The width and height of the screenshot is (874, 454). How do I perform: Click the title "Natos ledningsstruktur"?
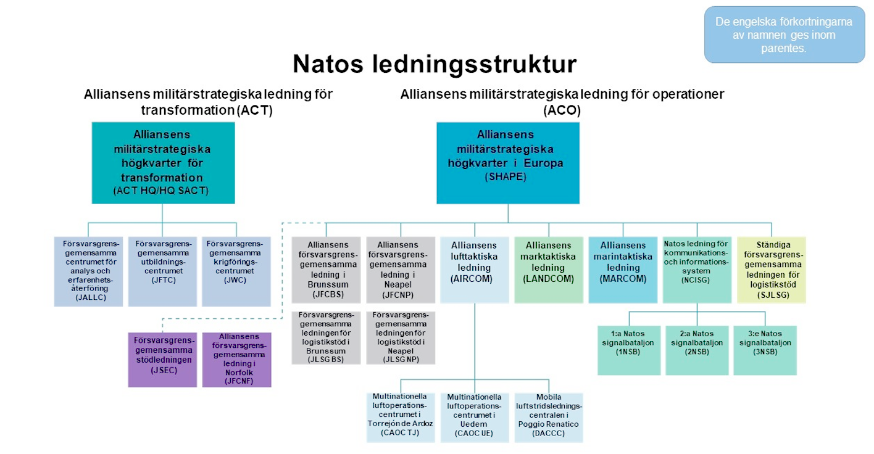[435, 64]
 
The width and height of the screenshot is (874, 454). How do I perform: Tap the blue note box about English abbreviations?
[784, 35]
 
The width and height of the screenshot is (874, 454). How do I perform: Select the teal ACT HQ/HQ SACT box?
[163, 163]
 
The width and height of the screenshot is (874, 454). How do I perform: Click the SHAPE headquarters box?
[507, 163]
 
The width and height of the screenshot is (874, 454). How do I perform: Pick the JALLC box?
[88, 271]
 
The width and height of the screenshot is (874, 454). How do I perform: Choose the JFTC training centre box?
[162, 271]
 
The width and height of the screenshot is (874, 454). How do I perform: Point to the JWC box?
[236, 271]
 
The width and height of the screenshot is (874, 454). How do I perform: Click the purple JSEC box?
[162, 360]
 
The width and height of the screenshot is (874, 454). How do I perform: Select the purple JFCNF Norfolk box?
[236, 360]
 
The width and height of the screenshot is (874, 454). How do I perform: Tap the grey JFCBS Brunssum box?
[326, 270]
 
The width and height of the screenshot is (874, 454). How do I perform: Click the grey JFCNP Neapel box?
[401, 270]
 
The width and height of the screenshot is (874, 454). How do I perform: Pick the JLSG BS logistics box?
[326, 337]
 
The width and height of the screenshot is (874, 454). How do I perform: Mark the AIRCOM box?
[475, 270]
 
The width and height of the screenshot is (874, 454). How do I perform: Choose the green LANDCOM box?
[549, 270]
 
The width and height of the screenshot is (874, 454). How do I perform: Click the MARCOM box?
[623, 270]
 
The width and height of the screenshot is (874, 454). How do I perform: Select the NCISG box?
[697, 270]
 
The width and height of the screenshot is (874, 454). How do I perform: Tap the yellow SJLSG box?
[772, 270]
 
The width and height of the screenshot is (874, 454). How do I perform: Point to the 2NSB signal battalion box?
[697, 350]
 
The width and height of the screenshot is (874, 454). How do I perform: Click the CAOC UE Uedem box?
[475, 417]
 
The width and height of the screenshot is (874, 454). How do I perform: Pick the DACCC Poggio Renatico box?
[549, 417]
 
